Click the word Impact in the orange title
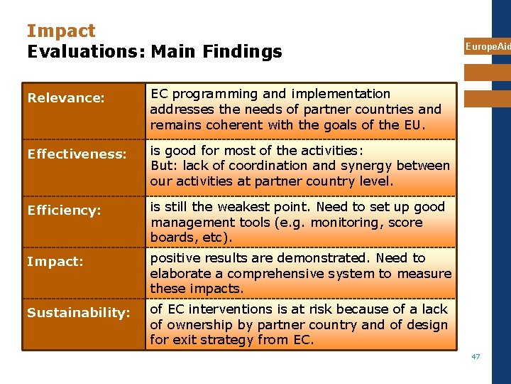click(x=61, y=31)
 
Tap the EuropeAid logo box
click(x=488, y=46)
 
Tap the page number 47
click(x=476, y=356)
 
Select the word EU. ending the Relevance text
click(x=414, y=125)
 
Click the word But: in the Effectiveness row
click(x=164, y=166)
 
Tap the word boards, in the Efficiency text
click(x=173, y=238)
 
